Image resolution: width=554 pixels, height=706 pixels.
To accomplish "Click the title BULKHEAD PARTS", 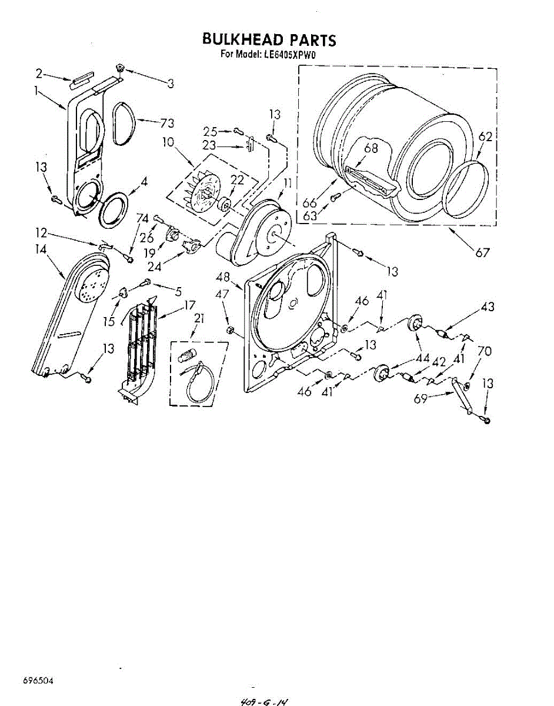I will click(x=269, y=40).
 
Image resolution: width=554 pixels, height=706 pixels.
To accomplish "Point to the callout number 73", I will click(x=168, y=123).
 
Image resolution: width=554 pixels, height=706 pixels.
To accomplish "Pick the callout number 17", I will click(x=189, y=305).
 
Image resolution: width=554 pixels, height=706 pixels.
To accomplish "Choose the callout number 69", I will click(x=420, y=399).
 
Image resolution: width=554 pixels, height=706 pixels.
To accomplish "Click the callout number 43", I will click(x=488, y=307).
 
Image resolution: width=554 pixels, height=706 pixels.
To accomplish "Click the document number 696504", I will click(x=38, y=681).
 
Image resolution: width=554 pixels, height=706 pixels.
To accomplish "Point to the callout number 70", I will click(x=484, y=352).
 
